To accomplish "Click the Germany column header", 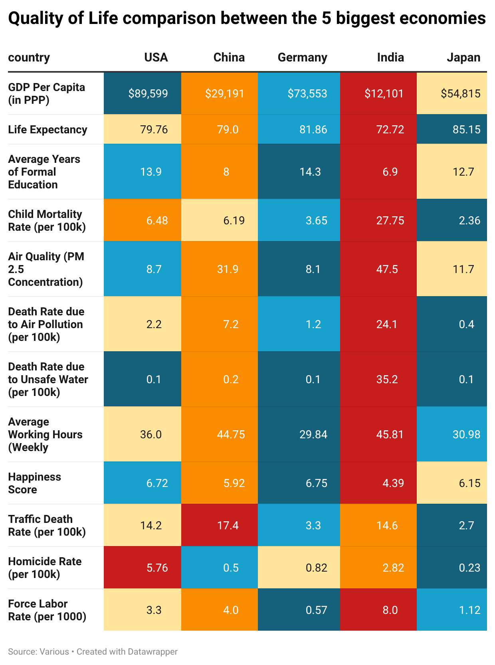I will click(302, 57).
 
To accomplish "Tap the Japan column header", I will click(463, 57).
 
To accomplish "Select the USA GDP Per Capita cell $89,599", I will click(148, 94).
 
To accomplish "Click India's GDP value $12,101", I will click(384, 94).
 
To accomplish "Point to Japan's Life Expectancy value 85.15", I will click(466, 130).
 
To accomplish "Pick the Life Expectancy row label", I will click(48, 130).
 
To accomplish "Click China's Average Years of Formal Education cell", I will click(226, 172).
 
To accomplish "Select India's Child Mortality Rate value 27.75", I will click(390, 221).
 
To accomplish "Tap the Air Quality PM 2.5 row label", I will click(46, 269).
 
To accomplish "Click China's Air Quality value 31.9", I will click(228, 269).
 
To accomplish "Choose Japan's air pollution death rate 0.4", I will click(466, 325).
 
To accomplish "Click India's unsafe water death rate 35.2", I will click(387, 380).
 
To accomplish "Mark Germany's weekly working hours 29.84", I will click(313, 435).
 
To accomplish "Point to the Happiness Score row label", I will click(34, 483).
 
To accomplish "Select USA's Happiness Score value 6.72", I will click(157, 483).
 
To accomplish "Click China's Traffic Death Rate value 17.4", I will click(228, 526).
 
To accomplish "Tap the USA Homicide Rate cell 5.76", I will click(157, 568).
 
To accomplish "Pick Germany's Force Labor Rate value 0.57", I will click(316, 610).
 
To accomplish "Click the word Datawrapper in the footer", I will click(152, 652).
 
